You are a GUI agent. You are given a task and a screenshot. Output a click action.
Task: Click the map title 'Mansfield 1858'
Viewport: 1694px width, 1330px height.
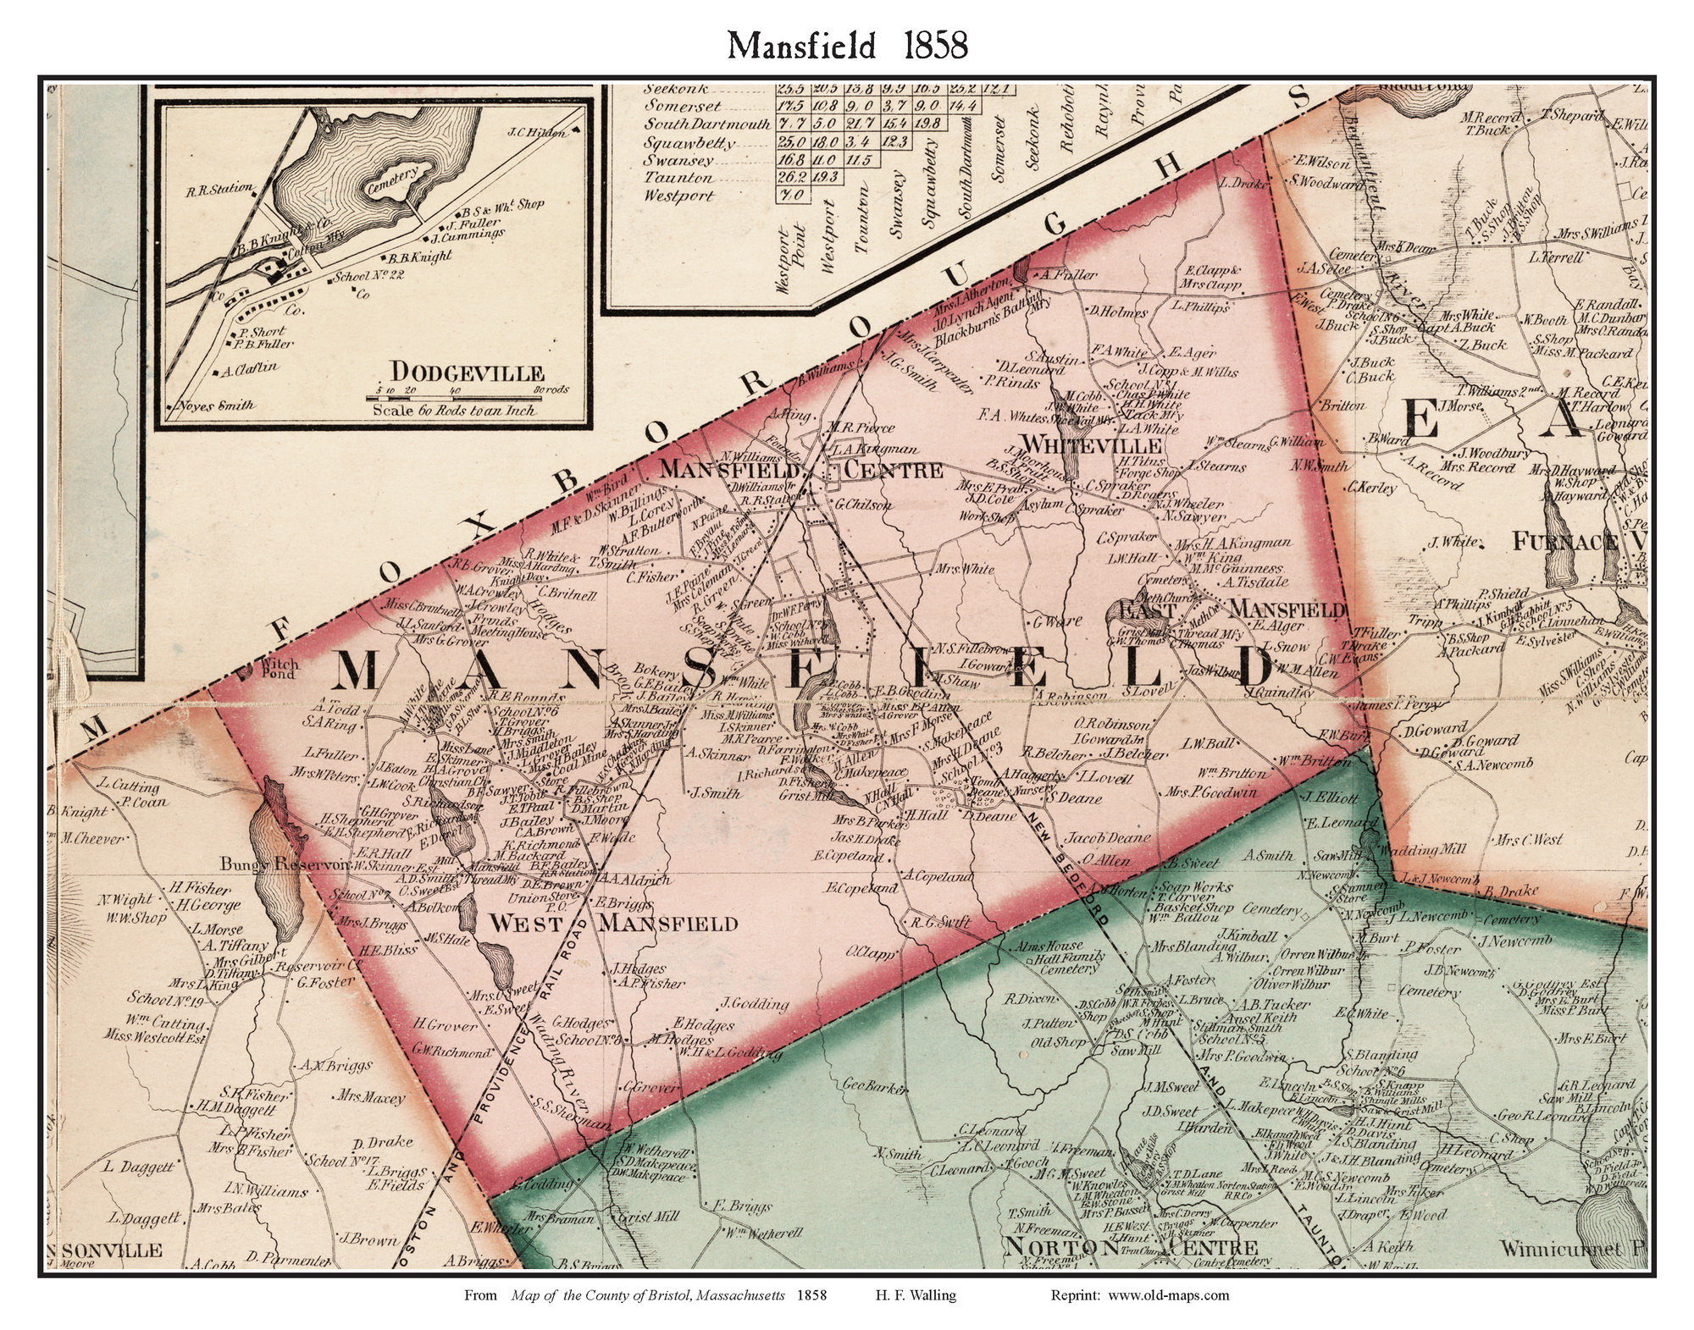coord(848,46)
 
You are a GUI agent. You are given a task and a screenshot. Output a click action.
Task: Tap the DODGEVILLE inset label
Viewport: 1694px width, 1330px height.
coord(467,371)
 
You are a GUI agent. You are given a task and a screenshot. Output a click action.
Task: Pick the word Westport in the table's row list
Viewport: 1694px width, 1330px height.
coord(680,196)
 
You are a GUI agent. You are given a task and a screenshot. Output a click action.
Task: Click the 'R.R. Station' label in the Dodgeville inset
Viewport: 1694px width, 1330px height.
coord(219,189)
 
